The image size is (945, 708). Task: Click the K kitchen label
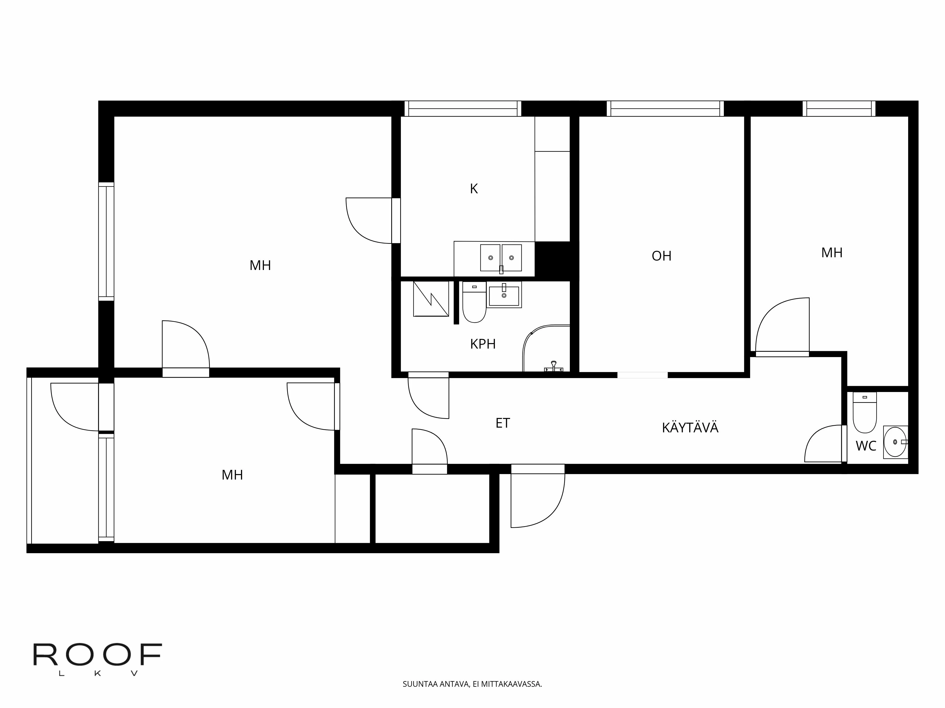[x=474, y=189]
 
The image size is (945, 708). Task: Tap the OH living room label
[x=661, y=256]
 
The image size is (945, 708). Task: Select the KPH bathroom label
[x=483, y=344]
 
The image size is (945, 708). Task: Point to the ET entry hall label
[x=503, y=423]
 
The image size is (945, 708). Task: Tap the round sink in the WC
[x=895, y=442]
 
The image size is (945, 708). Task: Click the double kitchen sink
[x=501, y=258]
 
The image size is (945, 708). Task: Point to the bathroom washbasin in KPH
[x=504, y=295]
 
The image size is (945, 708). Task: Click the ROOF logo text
[x=97, y=655]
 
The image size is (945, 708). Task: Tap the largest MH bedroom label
[x=260, y=265]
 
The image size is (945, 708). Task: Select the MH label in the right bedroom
[x=832, y=253]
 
